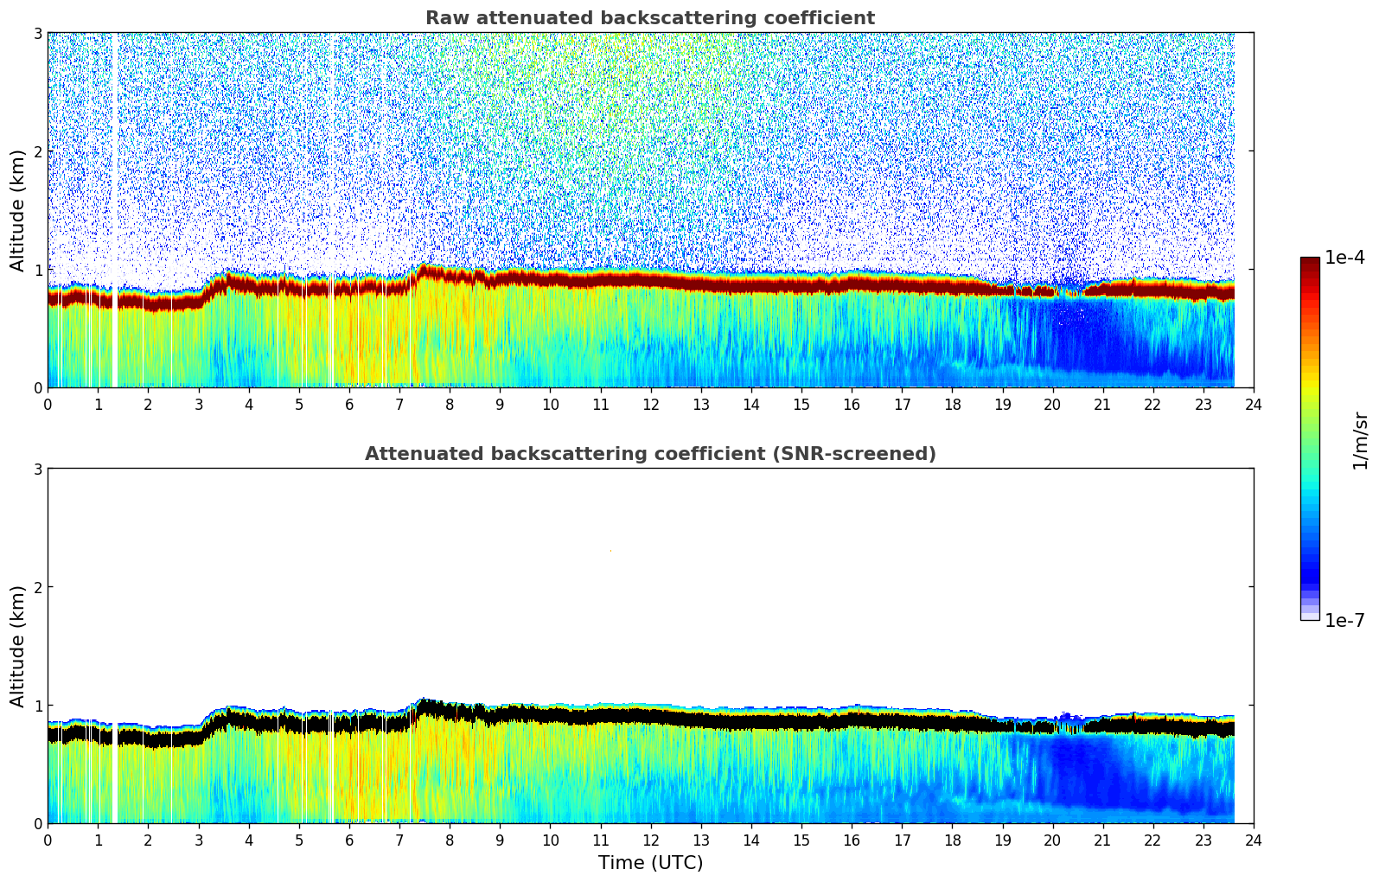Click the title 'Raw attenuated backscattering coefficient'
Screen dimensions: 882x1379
click(x=649, y=18)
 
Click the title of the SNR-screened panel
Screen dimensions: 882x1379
click(x=649, y=454)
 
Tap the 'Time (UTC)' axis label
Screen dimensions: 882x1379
click(x=650, y=863)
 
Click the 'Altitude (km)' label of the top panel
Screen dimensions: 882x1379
click(x=17, y=210)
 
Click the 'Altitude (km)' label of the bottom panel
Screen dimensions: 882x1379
click(x=17, y=646)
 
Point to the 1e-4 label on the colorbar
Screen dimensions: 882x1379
click(x=1344, y=258)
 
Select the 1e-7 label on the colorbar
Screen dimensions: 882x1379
click(x=1344, y=621)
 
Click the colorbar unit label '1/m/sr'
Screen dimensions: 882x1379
click(x=1360, y=440)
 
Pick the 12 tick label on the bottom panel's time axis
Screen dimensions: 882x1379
click(x=650, y=840)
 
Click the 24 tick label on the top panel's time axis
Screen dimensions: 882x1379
click(x=1254, y=405)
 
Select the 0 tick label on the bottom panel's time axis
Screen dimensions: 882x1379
click(x=48, y=840)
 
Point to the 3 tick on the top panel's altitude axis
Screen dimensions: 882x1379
click(x=37, y=33)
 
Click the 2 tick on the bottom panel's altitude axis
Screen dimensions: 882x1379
click(x=37, y=587)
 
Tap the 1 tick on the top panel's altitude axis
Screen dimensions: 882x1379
click(x=37, y=270)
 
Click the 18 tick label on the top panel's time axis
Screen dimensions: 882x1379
click(x=952, y=405)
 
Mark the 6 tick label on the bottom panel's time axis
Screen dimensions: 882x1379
click(x=349, y=840)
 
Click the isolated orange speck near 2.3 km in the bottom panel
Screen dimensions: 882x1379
click(x=610, y=550)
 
